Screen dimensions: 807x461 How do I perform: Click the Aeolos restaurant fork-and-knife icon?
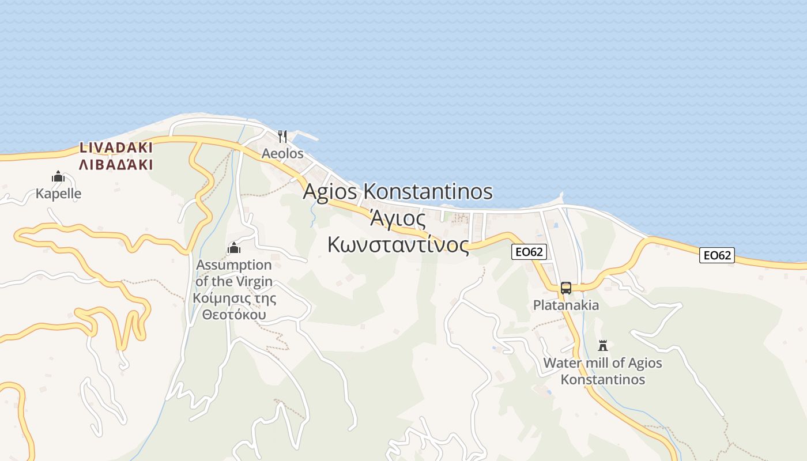click(x=282, y=137)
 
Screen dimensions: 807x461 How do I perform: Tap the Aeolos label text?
click(x=282, y=154)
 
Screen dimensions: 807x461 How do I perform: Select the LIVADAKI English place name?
click(x=116, y=148)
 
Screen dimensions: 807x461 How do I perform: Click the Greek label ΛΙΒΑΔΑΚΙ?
click(x=116, y=165)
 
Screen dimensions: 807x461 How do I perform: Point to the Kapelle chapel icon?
click(x=58, y=176)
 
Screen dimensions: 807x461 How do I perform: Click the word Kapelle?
click(x=58, y=194)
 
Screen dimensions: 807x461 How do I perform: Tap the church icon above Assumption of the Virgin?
click(x=234, y=248)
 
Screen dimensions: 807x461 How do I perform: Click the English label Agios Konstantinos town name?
click(x=398, y=191)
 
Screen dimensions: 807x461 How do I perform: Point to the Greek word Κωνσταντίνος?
click(x=398, y=244)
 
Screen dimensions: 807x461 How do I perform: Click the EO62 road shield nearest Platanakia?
click(x=529, y=252)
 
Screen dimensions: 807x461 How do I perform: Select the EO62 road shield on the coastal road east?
click(x=717, y=255)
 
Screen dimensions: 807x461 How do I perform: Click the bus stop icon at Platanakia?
click(x=566, y=288)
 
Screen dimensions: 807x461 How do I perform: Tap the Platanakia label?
click(x=566, y=305)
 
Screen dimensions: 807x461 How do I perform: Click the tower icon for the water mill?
click(x=603, y=346)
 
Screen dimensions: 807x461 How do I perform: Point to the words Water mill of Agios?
click(x=603, y=363)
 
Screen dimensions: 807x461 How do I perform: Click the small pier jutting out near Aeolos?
click(x=306, y=138)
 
